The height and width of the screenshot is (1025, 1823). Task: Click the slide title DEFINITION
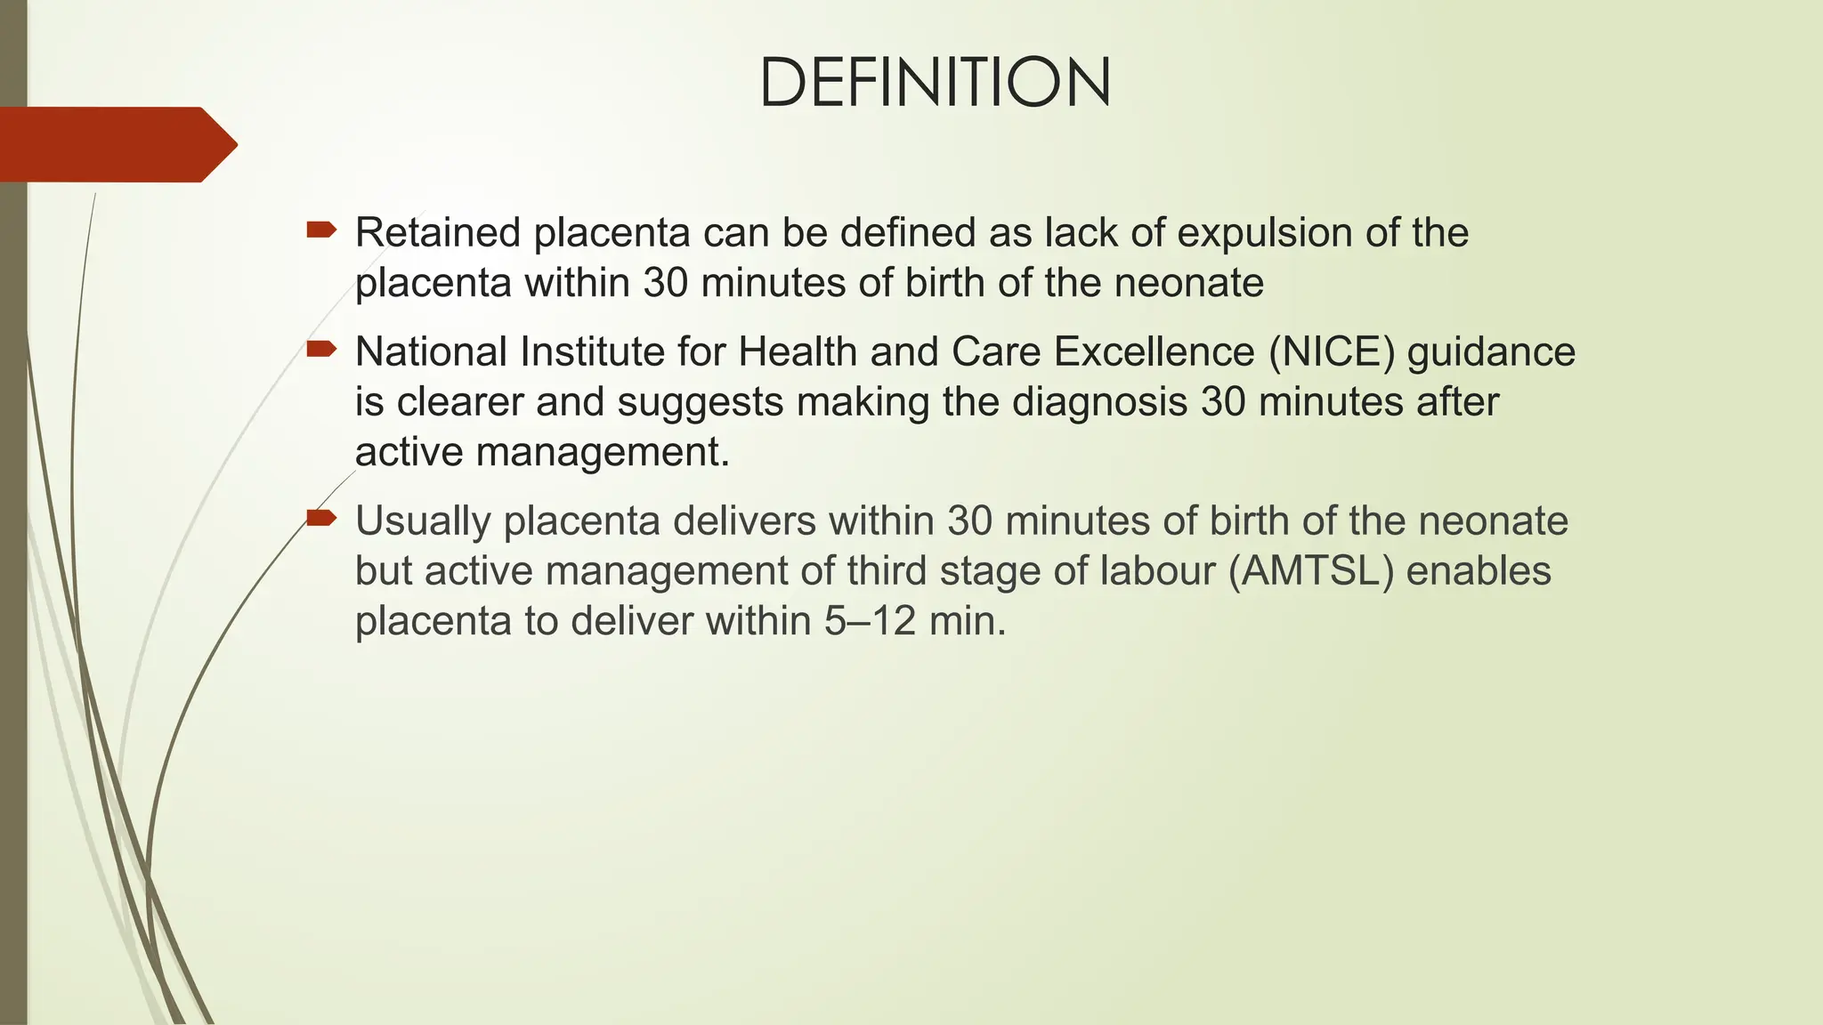click(935, 83)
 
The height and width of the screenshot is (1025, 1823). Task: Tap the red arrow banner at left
click(116, 144)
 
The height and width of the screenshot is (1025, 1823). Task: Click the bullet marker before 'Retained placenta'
click(320, 231)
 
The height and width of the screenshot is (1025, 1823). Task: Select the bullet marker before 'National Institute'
click(320, 351)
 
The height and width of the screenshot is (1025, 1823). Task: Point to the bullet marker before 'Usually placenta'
click(320, 519)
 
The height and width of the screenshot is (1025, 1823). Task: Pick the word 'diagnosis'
click(1099, 402)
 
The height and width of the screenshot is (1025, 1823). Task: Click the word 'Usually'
click(422, 521)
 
